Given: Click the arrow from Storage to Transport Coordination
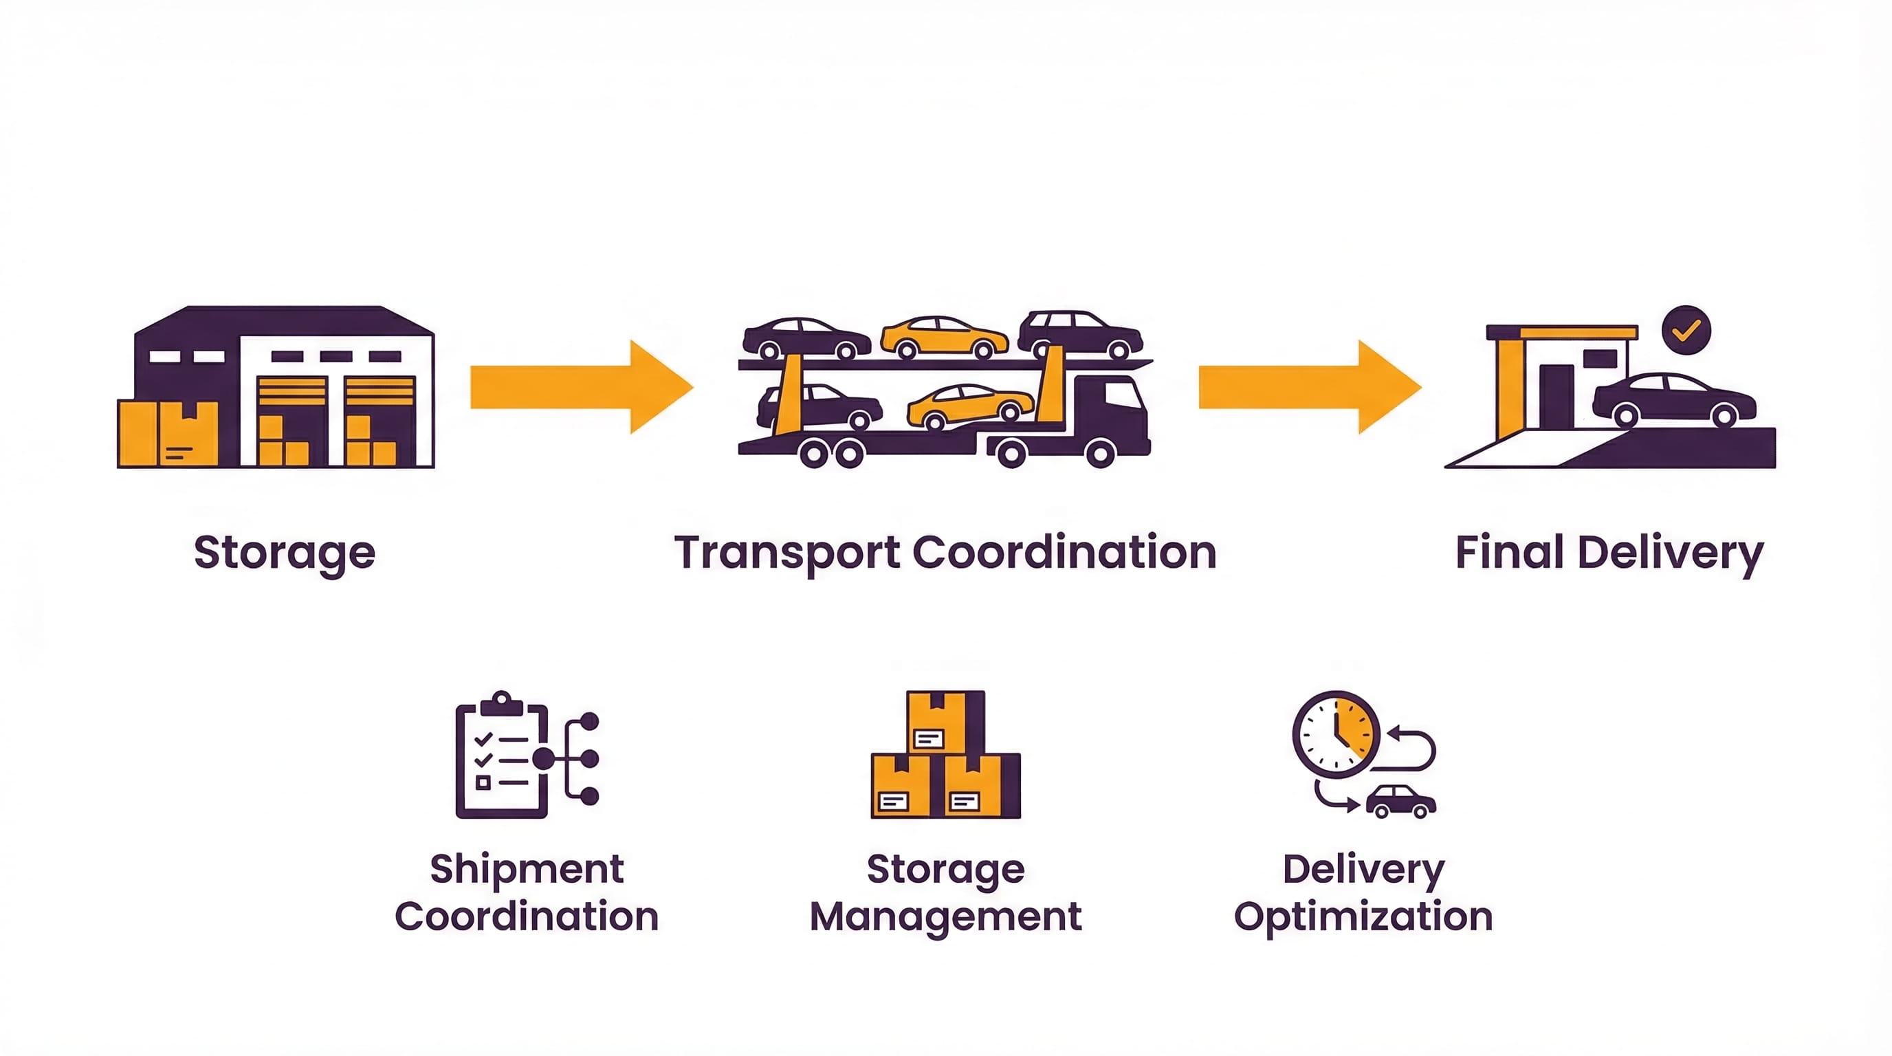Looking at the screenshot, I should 580,387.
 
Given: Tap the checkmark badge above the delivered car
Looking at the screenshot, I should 1686,331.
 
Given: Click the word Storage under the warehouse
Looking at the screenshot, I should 284,553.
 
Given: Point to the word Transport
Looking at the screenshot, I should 786,553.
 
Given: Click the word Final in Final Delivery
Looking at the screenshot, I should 1508,553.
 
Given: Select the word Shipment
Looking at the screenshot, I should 527,870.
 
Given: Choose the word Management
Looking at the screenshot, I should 945,916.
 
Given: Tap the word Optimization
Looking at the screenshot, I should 1363,916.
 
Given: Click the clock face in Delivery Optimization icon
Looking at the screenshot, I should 1336,734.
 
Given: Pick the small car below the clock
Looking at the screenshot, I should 1400,801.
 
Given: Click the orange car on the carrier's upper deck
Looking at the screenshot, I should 944,338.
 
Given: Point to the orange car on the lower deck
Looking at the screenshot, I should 969,406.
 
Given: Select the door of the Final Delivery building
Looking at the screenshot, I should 1556,397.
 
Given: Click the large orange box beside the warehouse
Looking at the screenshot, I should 168,433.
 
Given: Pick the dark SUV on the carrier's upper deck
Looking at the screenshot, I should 1079,334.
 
